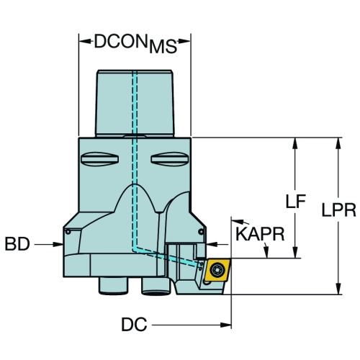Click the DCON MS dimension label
pyautogui.click(x=135, y=44)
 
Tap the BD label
pyautogui.click(x=17, y=244)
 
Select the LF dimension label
pyautogui.click(x=296, y=201)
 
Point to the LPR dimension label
pyautogui.click(x=338, y=210)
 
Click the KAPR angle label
pyautogui.click(x=260, y=234)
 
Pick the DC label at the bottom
pyautogui.click(x=134, y=325)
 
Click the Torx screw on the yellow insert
pyautogui.click(x=217, y=270)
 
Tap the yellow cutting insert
pyautogui.click(x=217, y=270)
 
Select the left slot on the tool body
pyautogui.click(x=99, y=159)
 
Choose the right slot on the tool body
pyautogui.click(x=170, y=159)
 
